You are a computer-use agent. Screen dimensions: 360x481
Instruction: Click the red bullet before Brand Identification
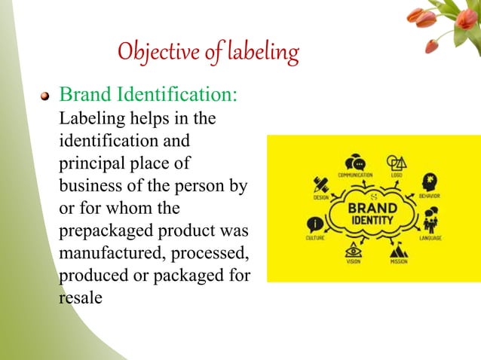click(45, 96)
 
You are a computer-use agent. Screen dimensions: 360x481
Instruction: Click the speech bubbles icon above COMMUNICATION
click(354, 163)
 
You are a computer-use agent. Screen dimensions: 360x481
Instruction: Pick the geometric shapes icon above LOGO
click(396, 163)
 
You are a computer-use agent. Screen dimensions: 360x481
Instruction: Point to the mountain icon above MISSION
click(400, 250)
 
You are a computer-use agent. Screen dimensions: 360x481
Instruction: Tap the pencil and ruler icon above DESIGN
click(320, 185)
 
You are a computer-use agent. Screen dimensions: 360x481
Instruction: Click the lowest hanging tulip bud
click(432, 47)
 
